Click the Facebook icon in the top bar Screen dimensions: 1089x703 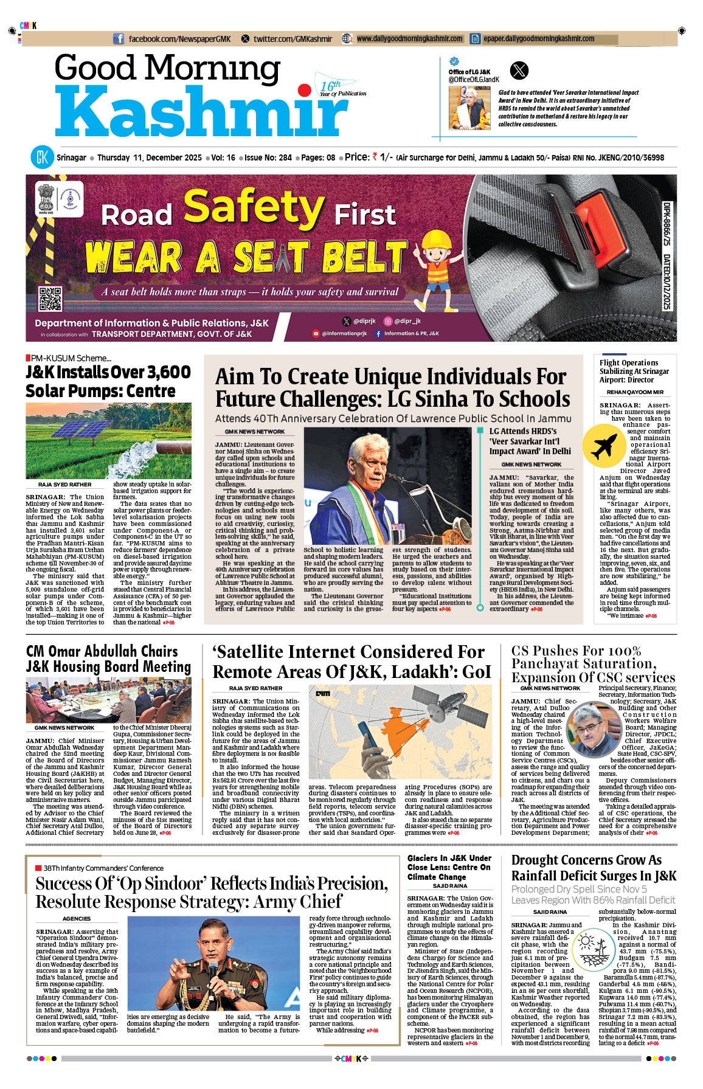tap(119, 39)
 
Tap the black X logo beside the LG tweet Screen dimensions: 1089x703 tap(519, 71)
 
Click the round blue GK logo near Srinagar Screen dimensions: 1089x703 tap(43, 157)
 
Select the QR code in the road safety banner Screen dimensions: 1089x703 tap(50, 299)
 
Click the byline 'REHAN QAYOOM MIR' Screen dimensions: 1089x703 tap(635, 392)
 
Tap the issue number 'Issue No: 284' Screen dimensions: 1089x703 tap(268, 157)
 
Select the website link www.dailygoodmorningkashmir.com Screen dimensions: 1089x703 tap(409, 39)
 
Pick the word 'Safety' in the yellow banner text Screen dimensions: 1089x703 tap(254, 207)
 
